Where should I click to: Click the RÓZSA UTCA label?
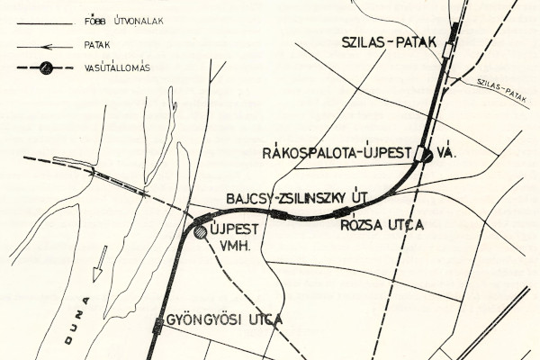pyautogui.click(x=382, y=224)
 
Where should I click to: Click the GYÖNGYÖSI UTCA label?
pyautogui.click(x=223, y=320)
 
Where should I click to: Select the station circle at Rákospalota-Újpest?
pyautogui.click(x=426, y=155)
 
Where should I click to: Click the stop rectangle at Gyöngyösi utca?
pyautogui.click(x=158, y=322)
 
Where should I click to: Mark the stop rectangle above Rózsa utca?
pyautogui.click(x=341, y=212)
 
